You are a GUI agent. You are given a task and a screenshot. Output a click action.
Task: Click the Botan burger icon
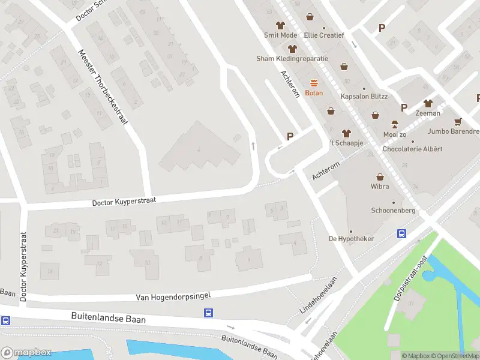[x=313, y=83]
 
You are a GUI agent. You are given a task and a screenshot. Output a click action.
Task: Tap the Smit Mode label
[x=280, y=35]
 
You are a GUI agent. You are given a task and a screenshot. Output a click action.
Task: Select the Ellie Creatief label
[x=324, y=35]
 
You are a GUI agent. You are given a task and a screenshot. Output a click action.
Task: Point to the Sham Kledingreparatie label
[x=292, y=59]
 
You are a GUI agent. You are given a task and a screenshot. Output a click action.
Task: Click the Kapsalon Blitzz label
[x=364, y=97]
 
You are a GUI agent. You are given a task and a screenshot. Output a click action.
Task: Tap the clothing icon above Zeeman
[x=428, y=103]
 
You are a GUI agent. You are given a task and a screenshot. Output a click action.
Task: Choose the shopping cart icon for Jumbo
[x=458, y=121]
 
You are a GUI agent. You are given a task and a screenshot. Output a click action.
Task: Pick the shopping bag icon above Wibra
[x=380, y=177]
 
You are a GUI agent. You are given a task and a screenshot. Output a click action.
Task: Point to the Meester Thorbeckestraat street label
[x=103, y=88]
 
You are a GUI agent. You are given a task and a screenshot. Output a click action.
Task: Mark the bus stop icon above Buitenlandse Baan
[x=208, y=313]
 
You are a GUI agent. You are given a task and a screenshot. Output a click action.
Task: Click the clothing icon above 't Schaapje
[x=346, y=133]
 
